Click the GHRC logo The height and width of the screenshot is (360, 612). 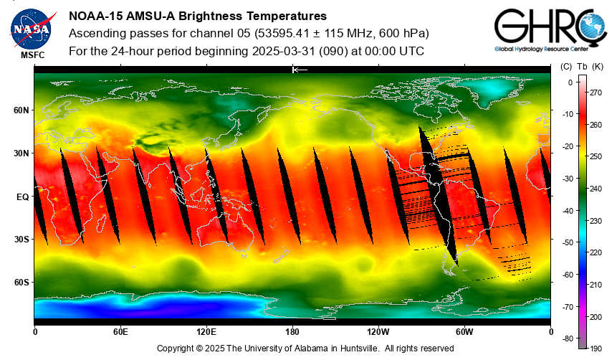545,32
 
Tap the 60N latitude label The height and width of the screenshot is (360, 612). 21,110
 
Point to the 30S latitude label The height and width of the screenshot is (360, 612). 21,239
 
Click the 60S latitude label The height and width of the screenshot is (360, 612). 21,283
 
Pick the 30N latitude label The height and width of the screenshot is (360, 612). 21,153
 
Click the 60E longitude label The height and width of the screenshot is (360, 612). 120,332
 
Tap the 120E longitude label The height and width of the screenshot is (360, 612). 206,332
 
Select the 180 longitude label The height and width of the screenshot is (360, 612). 292,332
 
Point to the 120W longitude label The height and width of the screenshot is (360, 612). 378,332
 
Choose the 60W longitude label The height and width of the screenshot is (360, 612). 464,332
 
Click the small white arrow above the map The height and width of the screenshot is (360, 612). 300,70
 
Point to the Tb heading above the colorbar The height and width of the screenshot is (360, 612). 582,67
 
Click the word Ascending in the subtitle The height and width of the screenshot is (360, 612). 97,34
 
